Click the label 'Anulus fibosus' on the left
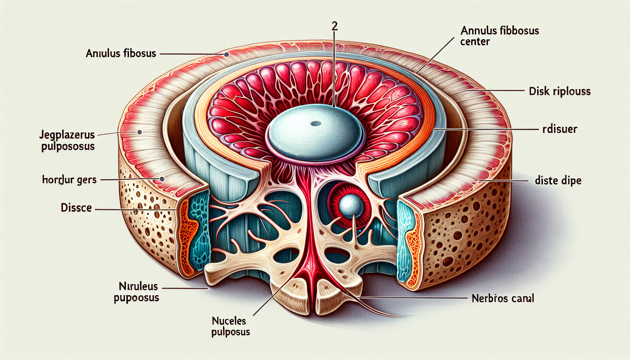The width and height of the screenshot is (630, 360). [121, 53]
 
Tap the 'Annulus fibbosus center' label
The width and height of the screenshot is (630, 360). [499, 36]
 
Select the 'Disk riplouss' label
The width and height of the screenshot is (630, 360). [560, 91]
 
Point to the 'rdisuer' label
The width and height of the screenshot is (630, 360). [560, 129]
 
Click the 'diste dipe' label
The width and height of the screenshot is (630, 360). [558, 181]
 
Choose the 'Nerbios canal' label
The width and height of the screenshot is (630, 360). [503, 298]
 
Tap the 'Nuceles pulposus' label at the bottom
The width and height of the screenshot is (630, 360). [231, 326]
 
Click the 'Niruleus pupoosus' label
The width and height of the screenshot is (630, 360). [136, 292]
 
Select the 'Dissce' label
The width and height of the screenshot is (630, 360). [76, 208]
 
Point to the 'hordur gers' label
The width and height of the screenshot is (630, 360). [69, 180]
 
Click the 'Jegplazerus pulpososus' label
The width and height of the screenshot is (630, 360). [67, 140]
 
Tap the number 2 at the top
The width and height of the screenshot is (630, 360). [334, 26]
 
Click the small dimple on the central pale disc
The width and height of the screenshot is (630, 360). [316, 123]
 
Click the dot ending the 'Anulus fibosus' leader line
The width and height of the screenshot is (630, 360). [226, 55]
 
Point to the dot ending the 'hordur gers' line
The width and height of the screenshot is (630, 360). [162, 179]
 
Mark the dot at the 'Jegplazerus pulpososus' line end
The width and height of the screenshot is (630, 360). [140, 132]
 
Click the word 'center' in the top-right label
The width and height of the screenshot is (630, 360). [475, 42]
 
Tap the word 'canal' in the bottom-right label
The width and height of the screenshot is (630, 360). [523, 298]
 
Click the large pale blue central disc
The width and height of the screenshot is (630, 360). [315, 135]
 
